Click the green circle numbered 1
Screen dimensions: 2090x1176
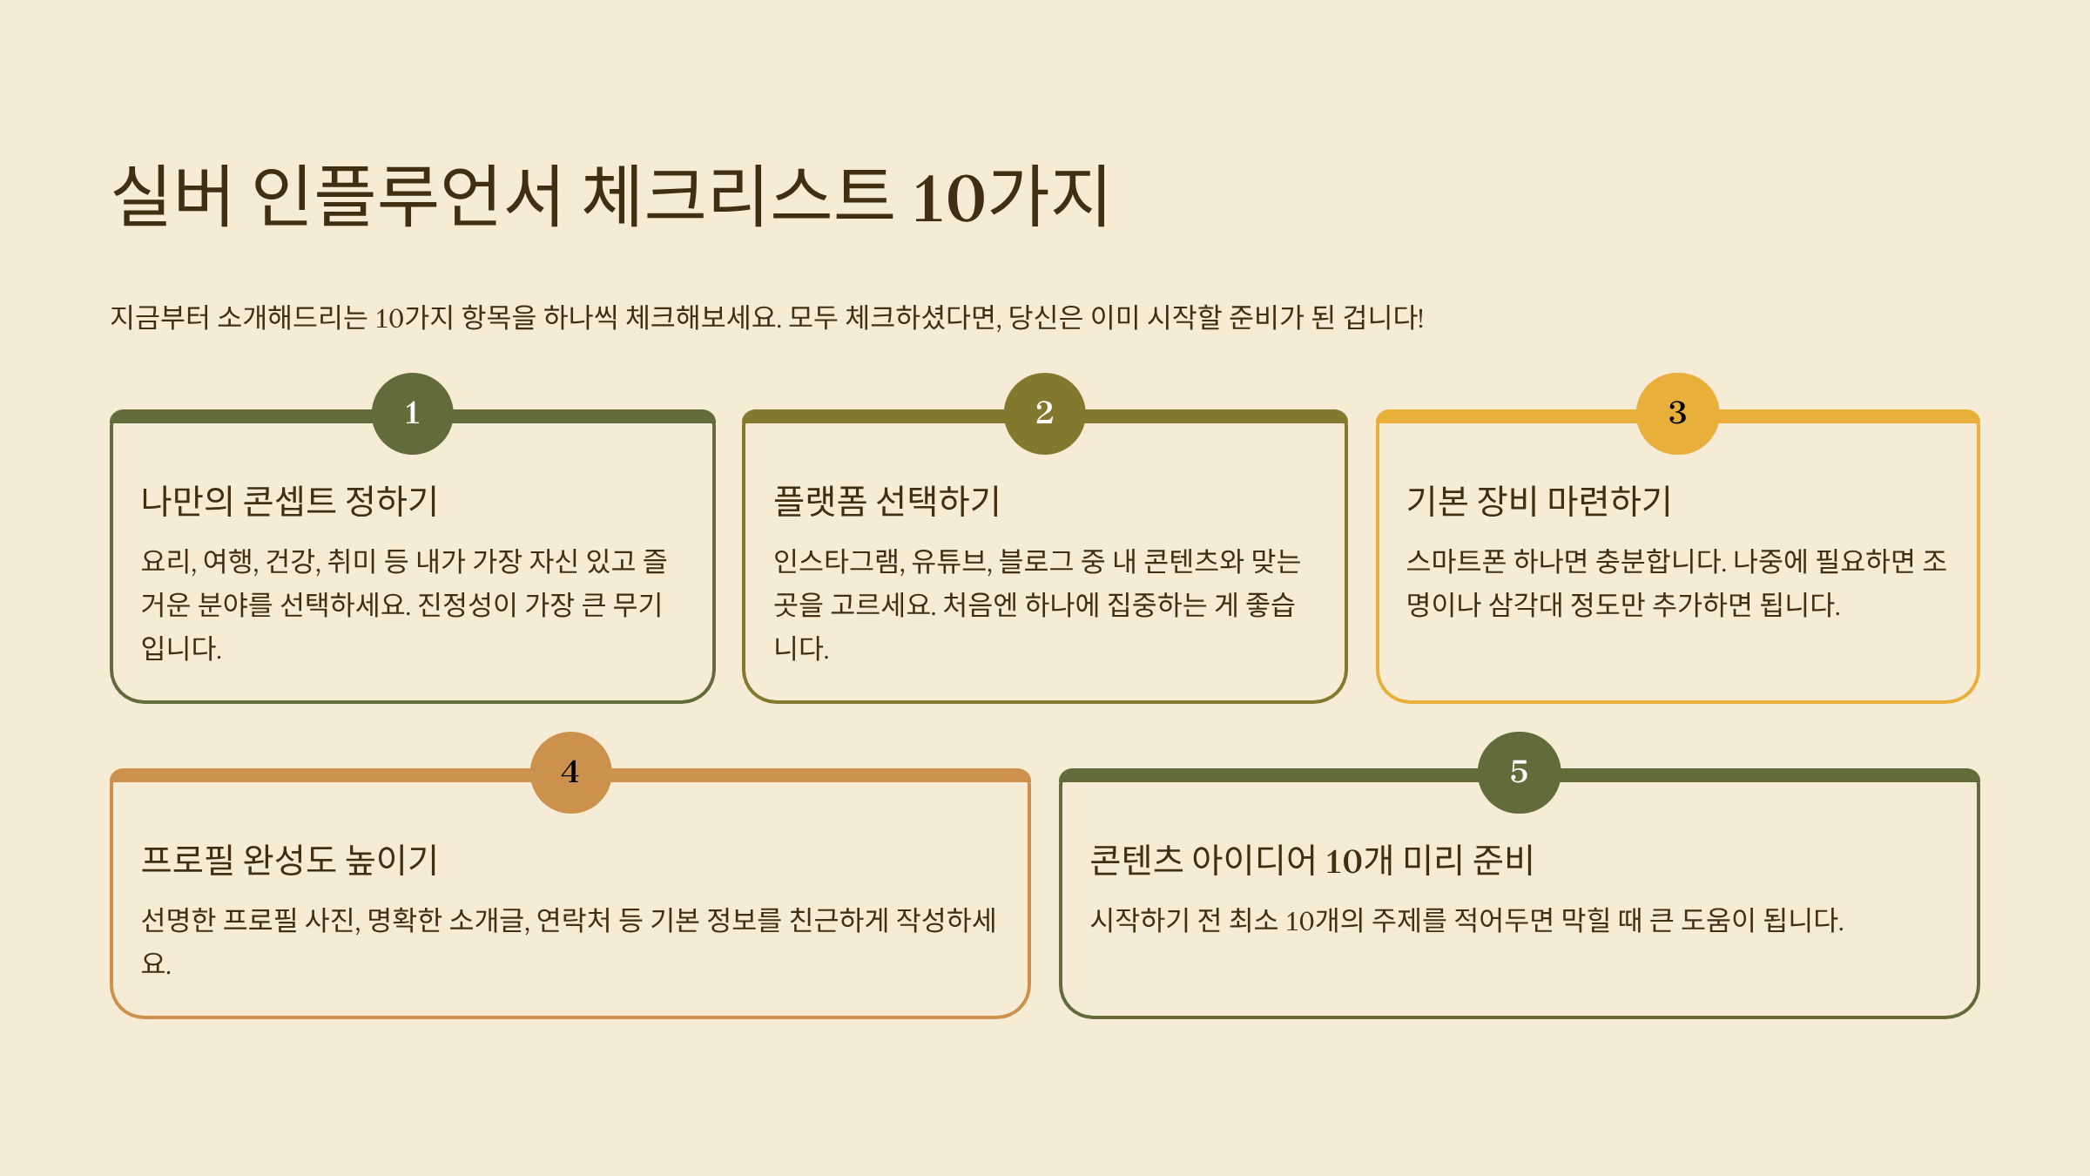click(x=412, y=414)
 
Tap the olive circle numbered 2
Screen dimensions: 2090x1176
click(x=1044, y=414)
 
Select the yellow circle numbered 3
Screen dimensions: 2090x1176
click(x=1677, y=414)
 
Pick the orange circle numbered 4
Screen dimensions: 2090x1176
click(x=570, y=773)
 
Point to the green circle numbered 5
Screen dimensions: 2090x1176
click(x=1519, y=773)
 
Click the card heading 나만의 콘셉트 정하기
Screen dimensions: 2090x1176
click(x=289, y=501)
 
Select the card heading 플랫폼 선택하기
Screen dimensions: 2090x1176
click(x=887, y=501)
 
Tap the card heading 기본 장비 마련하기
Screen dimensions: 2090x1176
click(x=1539, y=501)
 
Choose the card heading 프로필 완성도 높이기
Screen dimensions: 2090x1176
click(x=289, y=860)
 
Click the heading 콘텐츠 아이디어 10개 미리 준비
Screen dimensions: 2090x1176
click(x=1311, y=860)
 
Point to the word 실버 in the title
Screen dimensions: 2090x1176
click(x=172, y=196)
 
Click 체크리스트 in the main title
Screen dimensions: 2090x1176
click(x=738, y=196)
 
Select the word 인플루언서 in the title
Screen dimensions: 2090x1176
click(x=407, y=196)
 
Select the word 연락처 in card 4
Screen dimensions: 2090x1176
click(x=573, y=920)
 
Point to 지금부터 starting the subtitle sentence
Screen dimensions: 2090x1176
click(x=159, y=317)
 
